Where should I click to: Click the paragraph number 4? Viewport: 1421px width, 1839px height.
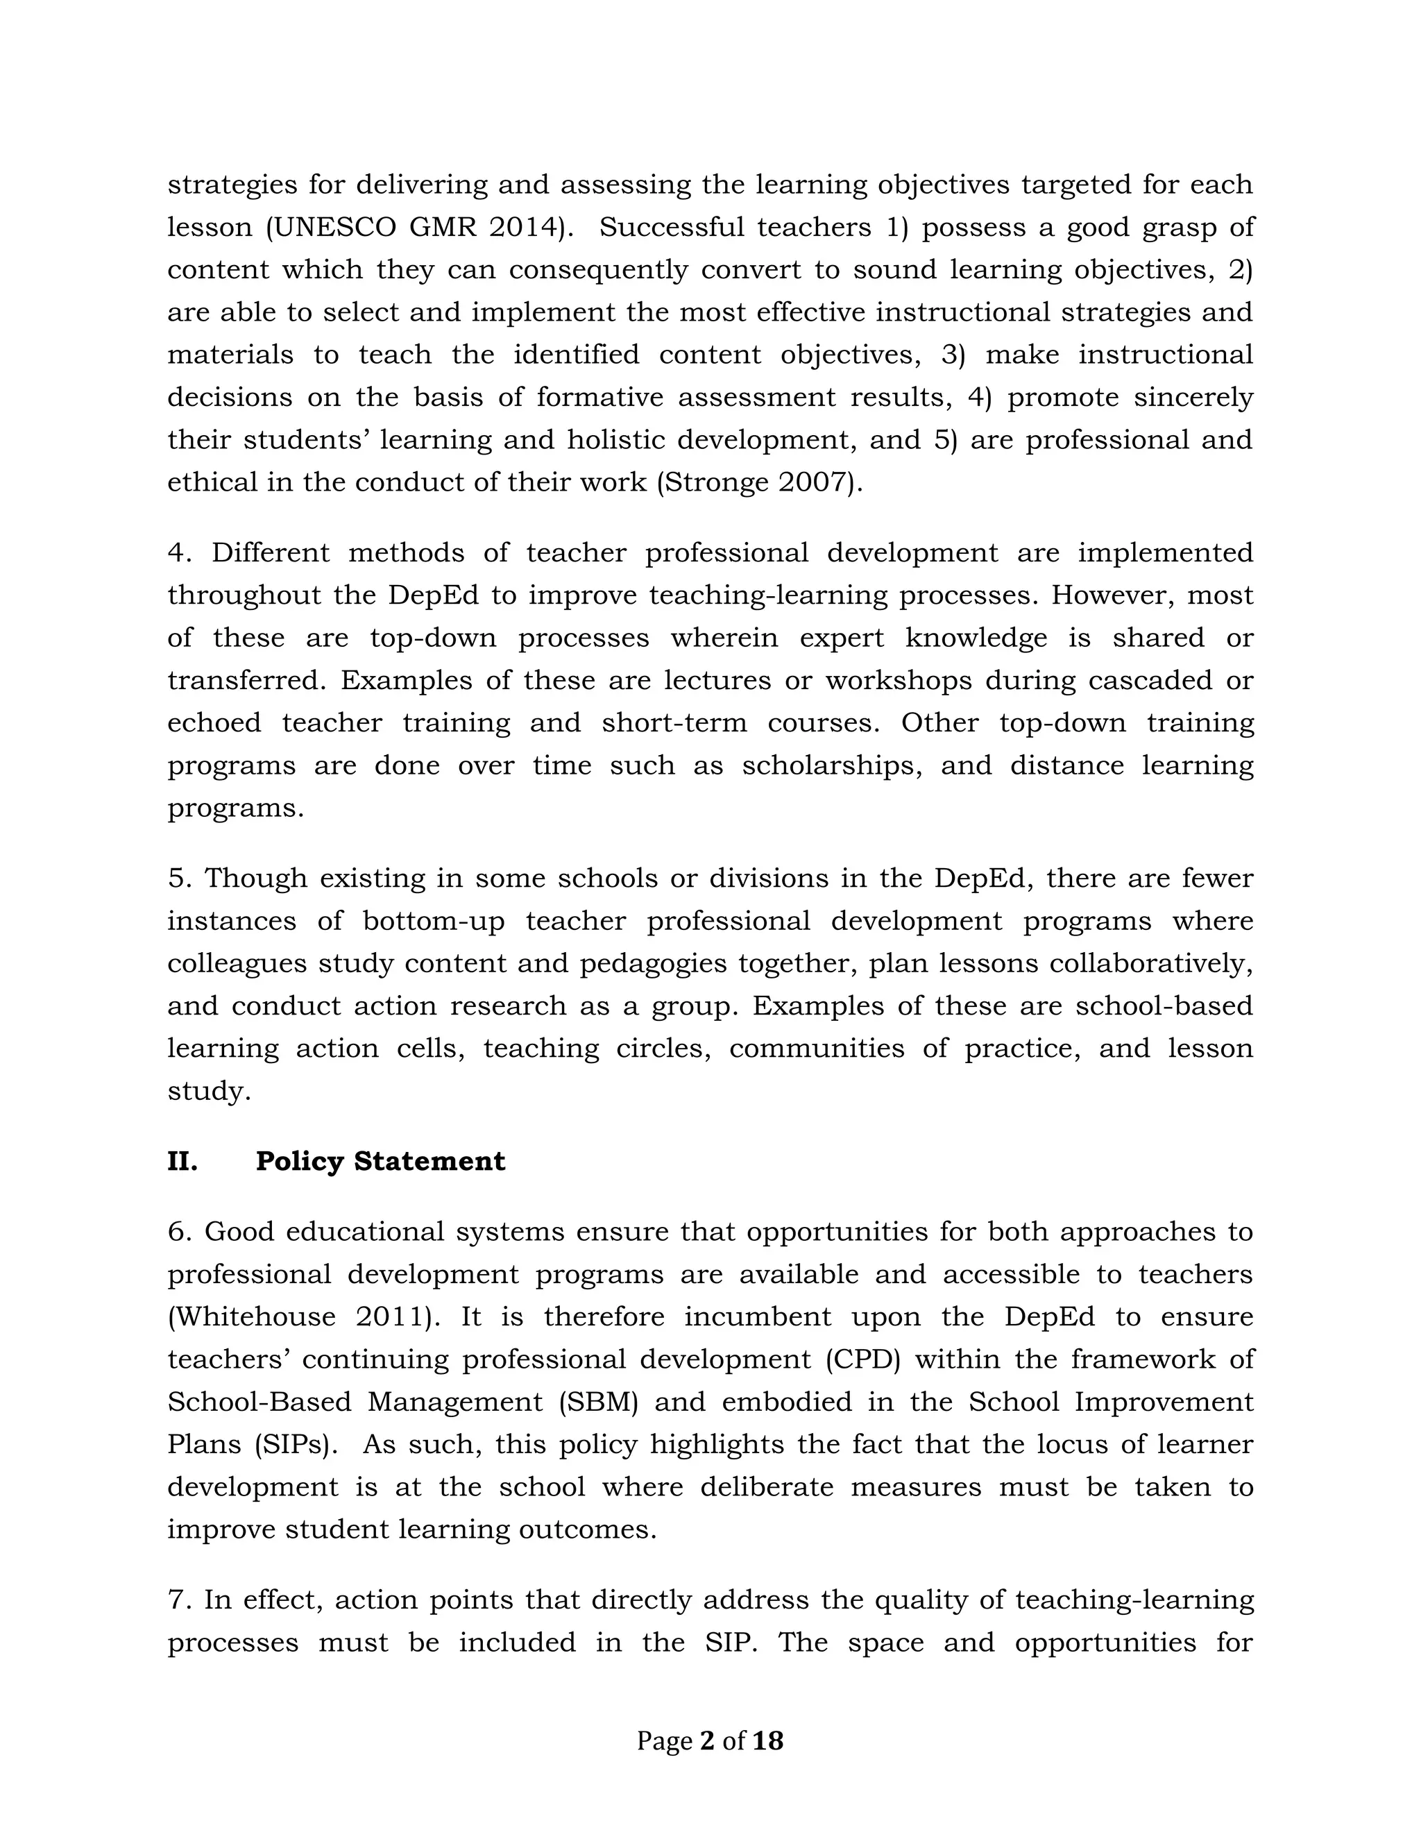(176, 553)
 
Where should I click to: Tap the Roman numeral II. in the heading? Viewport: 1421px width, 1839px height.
(182, 1161)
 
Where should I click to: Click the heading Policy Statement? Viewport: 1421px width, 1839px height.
(380, 1161)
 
